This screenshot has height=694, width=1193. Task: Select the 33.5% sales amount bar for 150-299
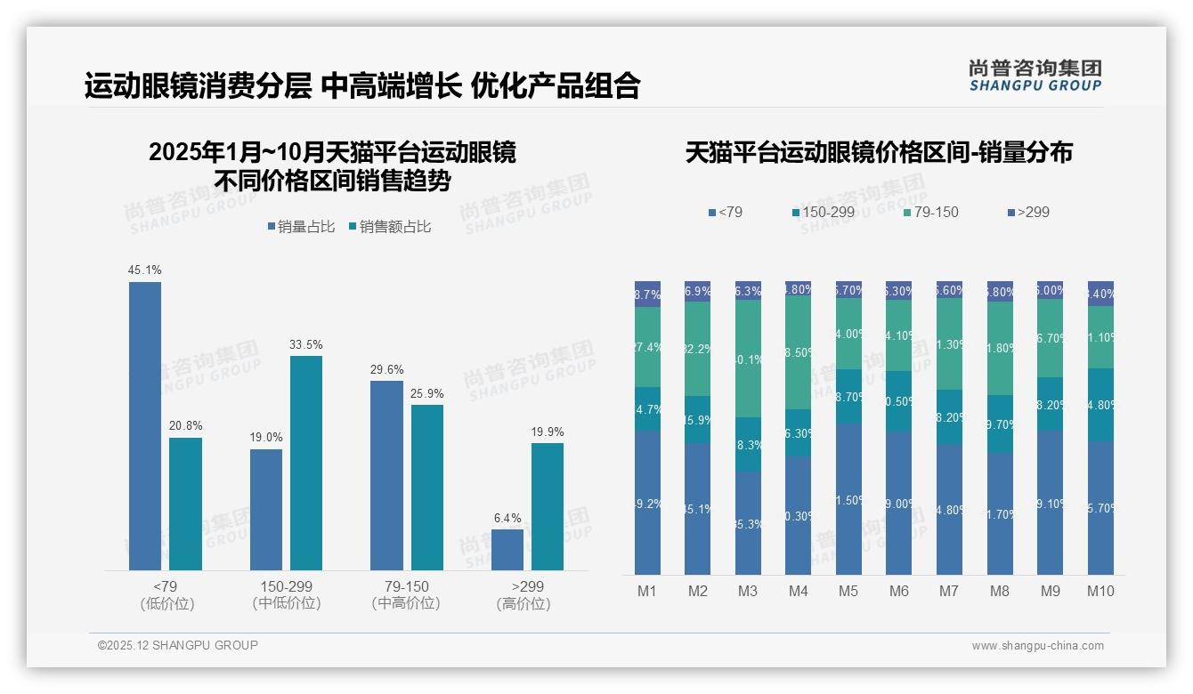(306, 463)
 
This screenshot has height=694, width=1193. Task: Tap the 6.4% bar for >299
(507, 549)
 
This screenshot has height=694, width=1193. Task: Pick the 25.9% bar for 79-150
(427, 487)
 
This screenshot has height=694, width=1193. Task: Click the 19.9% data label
(547, 432)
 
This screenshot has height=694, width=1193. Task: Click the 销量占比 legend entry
(301, 227)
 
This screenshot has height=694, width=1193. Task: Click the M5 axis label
(848, 591)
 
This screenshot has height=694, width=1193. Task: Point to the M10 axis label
(1100, 591)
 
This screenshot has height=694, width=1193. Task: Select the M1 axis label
(647, 591)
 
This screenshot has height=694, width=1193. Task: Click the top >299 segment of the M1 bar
(647, 294)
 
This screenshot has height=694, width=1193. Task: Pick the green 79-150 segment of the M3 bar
(748, 359)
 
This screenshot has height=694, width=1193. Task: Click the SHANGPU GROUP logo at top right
(1035, 76)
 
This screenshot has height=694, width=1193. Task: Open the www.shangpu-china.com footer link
(1037, 646)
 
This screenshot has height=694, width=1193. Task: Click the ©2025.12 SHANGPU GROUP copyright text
(178, 645)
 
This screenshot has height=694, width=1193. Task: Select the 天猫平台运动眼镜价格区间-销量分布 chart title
(879, 152)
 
